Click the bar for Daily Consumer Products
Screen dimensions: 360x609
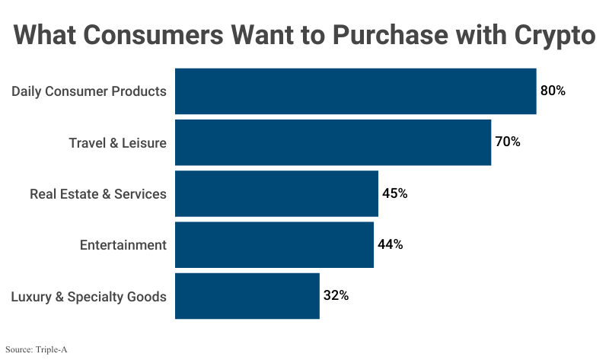click(x=356, y=91)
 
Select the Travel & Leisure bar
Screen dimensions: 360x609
click(x=333, y=142)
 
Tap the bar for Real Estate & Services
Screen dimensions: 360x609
click(x=276, y=193)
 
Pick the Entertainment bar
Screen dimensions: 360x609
click(x=274, y=244)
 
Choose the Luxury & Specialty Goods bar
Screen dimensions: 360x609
click(x=247, y=295)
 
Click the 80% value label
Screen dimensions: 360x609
click(x=553, y=91)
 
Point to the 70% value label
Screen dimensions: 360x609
click(x=508, y=142)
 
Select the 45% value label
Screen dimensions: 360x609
click(x=394, y=193)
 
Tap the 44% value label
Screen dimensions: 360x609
click(x=390, y=244)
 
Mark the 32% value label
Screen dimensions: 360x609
click(x=336, y=295)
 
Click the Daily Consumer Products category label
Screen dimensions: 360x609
click(x=88, y=91)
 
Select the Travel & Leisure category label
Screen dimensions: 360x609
click(x=117, y=142)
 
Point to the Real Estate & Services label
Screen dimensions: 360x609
click(x=97, y=194)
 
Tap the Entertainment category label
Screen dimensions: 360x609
click(x=123, y=245)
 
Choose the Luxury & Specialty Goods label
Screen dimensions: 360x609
click(x=88, y=297)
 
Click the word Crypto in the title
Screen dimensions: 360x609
click(x=547, y=36)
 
